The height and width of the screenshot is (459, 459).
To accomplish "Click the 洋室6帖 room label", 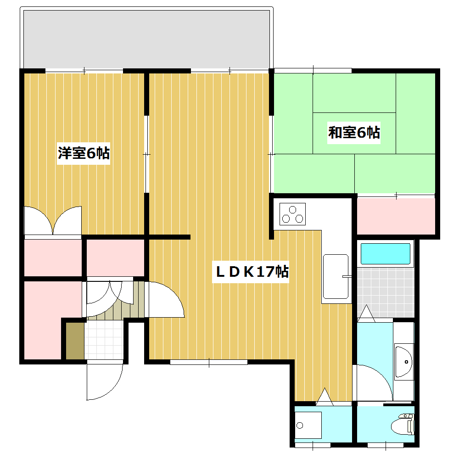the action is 84,153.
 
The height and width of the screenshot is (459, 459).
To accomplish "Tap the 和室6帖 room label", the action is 354,133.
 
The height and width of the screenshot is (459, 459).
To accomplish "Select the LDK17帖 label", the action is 252,272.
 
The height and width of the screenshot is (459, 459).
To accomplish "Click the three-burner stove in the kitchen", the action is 292,214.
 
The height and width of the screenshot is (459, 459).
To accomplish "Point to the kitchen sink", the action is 336,276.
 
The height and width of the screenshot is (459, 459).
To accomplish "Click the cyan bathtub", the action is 385,254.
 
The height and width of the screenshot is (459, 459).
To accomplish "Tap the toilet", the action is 403,424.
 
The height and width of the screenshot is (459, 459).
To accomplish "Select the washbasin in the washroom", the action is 403,362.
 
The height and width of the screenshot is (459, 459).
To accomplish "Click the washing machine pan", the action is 308,425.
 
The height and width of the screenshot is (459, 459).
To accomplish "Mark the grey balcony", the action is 146,39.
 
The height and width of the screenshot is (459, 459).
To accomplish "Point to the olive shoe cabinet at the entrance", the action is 75,341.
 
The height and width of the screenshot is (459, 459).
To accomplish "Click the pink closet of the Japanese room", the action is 396,216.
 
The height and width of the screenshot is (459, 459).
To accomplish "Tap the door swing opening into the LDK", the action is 166,299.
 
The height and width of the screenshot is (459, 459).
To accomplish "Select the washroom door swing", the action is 374,383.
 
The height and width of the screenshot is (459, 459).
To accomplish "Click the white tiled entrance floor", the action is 104,340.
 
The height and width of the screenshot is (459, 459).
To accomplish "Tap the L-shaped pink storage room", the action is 43,320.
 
